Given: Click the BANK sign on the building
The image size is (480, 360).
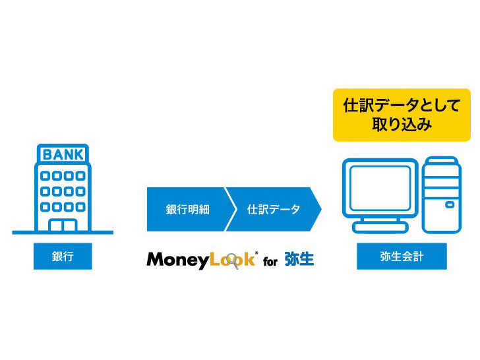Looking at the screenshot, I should click(x=63, y=155).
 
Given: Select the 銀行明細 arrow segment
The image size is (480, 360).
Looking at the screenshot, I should click(x=187, y=210).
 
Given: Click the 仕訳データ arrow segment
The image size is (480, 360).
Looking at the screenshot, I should click(x=273, y=210).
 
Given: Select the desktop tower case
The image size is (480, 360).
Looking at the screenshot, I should click(x=442, y=195).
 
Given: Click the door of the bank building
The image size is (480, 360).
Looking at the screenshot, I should click(x=63, y=225).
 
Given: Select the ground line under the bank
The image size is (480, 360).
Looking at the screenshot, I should click(x=63, y=232).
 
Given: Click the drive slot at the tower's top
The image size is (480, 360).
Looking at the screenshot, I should click(x=442, y=168).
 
